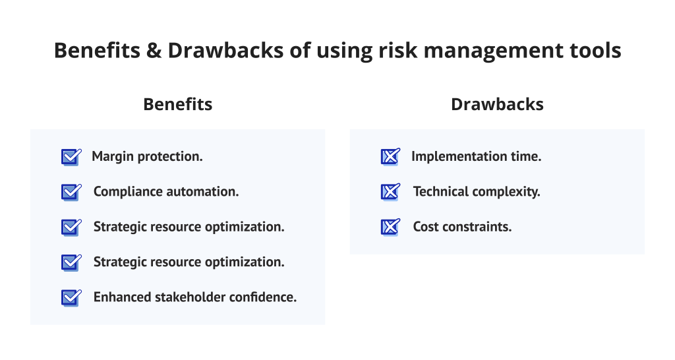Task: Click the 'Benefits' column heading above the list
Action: coord(177,104)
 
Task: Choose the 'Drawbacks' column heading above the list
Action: coord(497,104)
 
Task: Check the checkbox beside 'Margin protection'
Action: coord(71,157)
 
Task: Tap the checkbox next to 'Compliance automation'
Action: coord(71,192)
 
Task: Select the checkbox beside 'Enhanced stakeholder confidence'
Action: coord(71,297)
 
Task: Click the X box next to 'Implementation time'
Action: coord(390,157)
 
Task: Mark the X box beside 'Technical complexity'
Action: coord(390,192)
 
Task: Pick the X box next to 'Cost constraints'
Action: coord(390,227)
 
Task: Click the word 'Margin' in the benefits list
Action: coord(113,157)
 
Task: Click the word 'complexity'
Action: coord(508,192)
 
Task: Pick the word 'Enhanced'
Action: coord(121,297)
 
